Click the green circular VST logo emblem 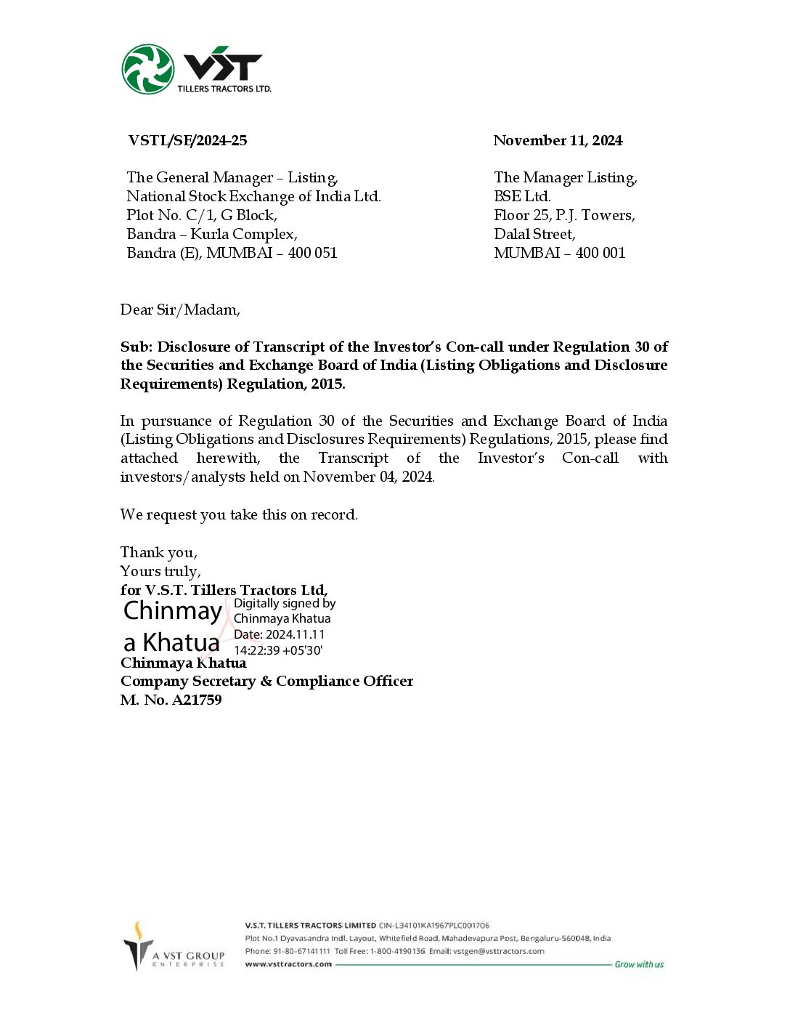tap(148, 70)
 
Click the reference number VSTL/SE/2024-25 tap(187, 141)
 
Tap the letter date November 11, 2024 tap(558, 141)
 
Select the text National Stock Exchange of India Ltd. tap(253, 197)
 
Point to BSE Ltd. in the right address tap(522, 197)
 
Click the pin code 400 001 tap(600, 254)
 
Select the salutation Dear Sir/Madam tap(180, 310)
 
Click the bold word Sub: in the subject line tap(137, 347)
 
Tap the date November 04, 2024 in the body tap(368, 477)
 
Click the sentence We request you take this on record tap(239, 515)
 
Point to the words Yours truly tap(160, 572)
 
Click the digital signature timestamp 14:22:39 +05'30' tap(278, 651)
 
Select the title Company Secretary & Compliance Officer tap(266, 682)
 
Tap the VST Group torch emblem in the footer tap(137, 945)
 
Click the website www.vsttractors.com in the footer tap(288, 965)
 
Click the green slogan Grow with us tap(639, 965)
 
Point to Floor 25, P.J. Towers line tap(564, 216)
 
